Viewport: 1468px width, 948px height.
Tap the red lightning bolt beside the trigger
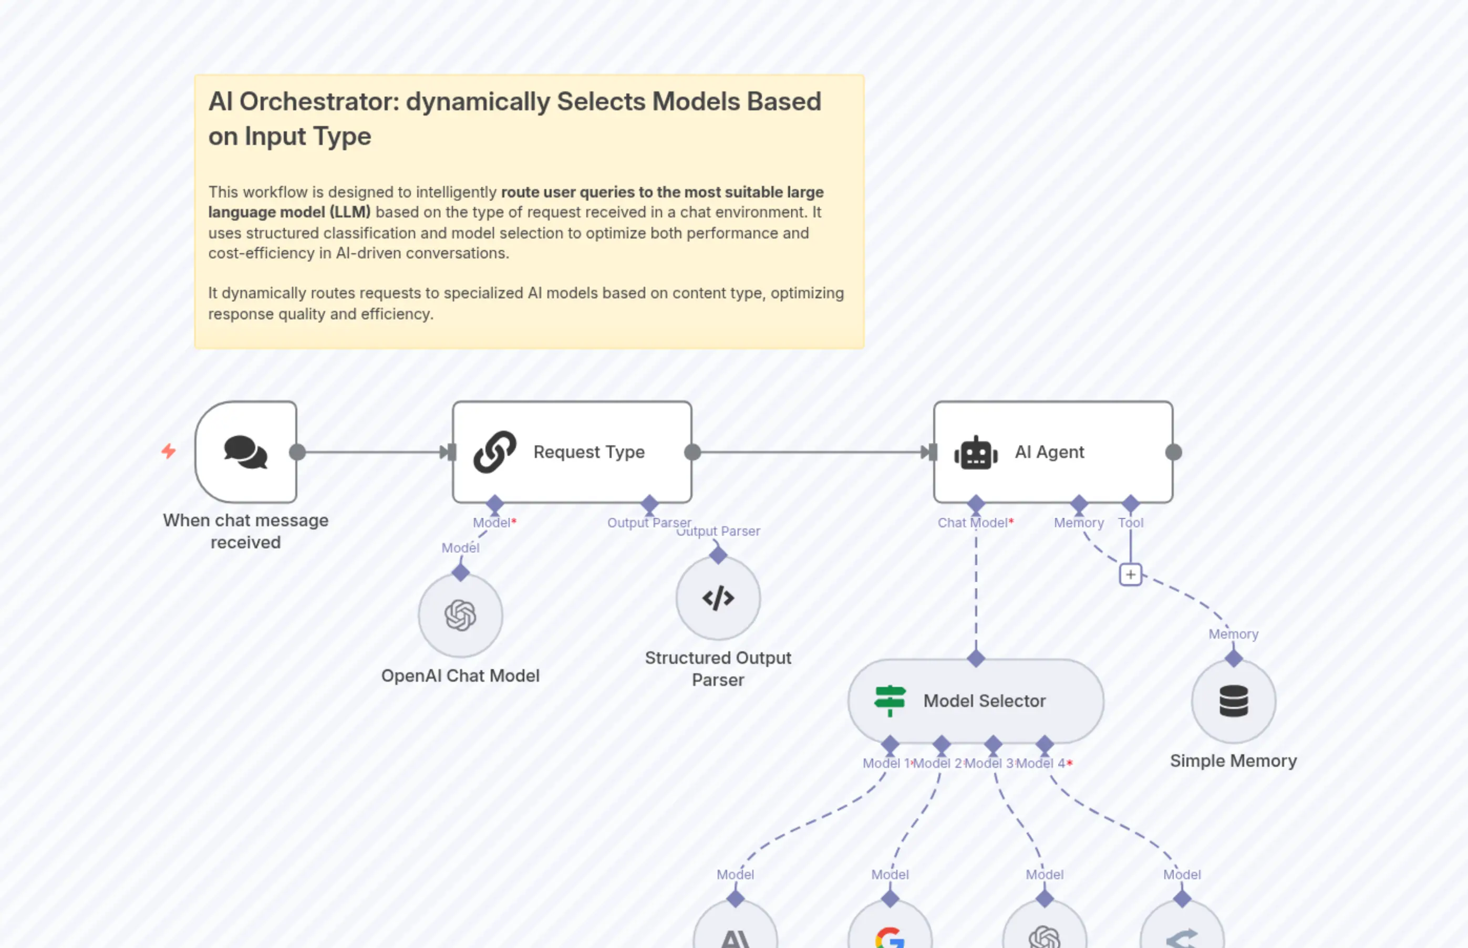tap(168, 451)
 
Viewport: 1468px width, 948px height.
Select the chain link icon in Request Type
tap(494, 452)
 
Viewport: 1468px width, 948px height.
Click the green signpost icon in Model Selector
tap(890, 701)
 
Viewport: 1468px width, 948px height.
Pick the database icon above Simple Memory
tap(1233, 701)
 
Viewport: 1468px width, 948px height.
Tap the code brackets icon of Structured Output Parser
tap(718, 598)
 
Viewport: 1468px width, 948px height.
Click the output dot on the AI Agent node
tap(1174, 452)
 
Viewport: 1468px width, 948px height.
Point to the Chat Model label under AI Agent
tap(973, 523)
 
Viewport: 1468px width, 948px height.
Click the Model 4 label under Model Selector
tap(1041, 763)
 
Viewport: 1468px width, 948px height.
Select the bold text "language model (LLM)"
tap(290, 212)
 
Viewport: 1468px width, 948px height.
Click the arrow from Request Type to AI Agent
tap(813, 452)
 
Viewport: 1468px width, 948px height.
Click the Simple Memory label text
tap(1233, 761)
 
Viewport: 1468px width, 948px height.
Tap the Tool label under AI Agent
tap(1131, 523)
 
